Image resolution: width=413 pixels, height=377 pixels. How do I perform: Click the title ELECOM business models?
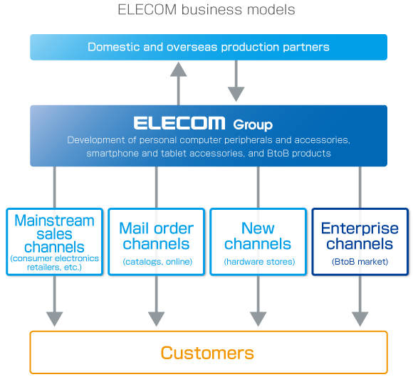pyautogui.click(x=206, y=10)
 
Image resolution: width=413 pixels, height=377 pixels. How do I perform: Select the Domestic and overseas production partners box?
pyautogui.click(x=209, y=47)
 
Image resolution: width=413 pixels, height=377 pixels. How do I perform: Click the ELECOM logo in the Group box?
pyautogui.click(x=179, y=123)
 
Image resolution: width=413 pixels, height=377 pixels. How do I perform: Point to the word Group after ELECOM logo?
pyautogui.click(x=253, y=124)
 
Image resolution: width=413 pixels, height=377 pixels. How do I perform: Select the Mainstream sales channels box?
pyautogui.click(x=54, y=241)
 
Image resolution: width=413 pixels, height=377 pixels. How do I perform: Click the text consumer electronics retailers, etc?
pyautogui.click(x=54, y=263)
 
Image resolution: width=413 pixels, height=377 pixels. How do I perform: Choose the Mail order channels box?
pyautogui.click(x=156, y=241)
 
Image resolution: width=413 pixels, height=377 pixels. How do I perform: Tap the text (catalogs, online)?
pyautogui.click(x=156, y=262)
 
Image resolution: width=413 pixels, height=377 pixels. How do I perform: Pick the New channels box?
pyautogui.click(x=258, y=241)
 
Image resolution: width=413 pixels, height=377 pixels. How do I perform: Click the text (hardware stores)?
pyautogui.click(x=258, y=262)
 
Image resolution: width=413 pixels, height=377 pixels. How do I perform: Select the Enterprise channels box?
pyautogui.click(x=360, y=241)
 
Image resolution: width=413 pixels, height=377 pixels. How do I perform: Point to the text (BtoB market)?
pyautogui.click(x=360, y=262)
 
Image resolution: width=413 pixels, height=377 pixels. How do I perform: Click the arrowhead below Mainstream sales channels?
pyautogui.click(x=54, y=317)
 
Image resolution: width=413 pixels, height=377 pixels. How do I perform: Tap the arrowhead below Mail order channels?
pyautogui.click(x=156, y=317)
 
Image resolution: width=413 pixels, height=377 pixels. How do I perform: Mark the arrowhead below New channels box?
pyautogui.click(x=258, y=317)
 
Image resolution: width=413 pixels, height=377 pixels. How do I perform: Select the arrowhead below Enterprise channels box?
pyautogui.click(x=360, y=317)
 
